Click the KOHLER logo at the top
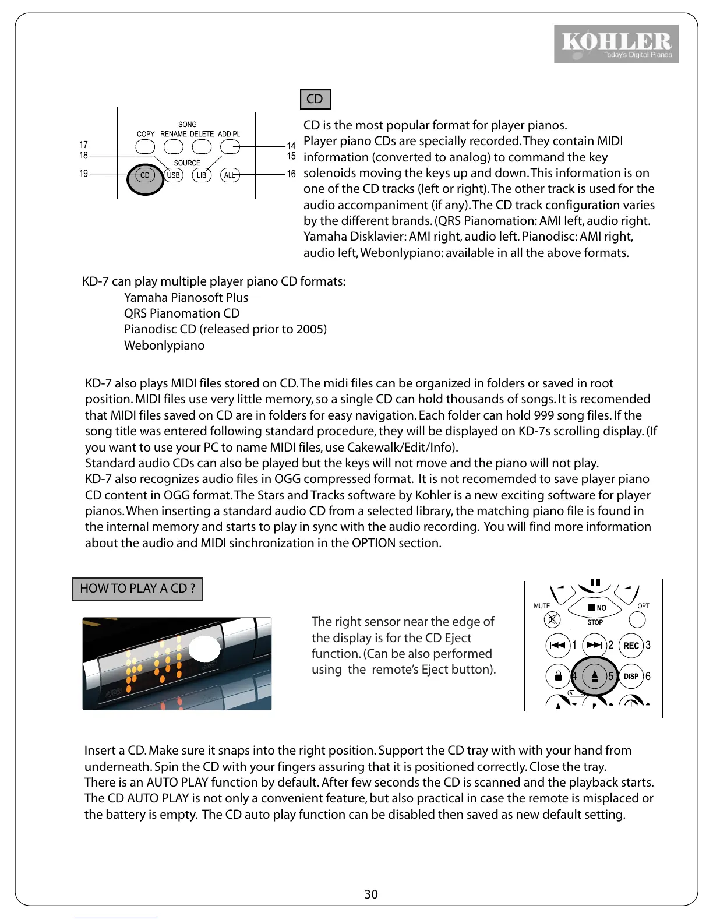click(616, 44)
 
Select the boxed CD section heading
click(315, 99)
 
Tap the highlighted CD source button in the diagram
click(145, 175)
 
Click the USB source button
click(174, 175)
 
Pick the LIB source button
click(202, 175)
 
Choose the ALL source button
click(230, 175)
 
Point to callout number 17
click(83, 145)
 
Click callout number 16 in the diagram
click(291, 174)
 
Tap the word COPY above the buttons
click(146, 134)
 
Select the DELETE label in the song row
click(202, 134)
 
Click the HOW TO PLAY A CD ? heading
click(137, 589)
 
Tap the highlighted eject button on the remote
click(595, 676)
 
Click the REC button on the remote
click(631, 646)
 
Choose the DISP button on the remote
click(631, 677)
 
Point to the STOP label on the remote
click(595, 622)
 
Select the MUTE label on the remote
click(542, 606)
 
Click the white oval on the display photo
click(204, 648)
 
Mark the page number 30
click(371, 894)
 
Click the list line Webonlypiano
click(164, 346)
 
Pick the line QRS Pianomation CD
click(182, 313)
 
